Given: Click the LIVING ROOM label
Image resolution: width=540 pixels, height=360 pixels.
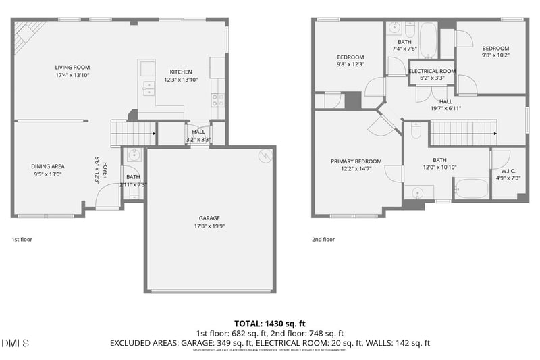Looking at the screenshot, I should [x=72, y=68].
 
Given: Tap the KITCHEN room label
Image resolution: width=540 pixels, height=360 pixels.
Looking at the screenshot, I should [x=180, y=72].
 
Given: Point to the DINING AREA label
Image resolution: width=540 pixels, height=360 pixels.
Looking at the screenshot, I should [x=48, y=165].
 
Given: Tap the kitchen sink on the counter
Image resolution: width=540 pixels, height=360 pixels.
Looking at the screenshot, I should [x=146, y=86].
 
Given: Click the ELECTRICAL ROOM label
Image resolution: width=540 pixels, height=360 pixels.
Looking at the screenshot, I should [x=432, y=71].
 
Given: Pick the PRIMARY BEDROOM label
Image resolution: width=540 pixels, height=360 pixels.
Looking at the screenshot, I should [x=356, y=161].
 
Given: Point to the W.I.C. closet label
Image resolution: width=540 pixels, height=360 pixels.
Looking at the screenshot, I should [x=508, y=170].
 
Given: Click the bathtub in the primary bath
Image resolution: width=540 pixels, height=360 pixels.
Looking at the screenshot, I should [x=471, y=188].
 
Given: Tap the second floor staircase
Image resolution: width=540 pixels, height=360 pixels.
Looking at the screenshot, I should [x=463, y=133].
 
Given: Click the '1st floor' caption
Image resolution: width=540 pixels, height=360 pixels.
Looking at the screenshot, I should [x=22, y=239].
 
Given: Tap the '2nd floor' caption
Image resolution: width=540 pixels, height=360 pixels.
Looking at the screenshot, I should [x=323, y=239].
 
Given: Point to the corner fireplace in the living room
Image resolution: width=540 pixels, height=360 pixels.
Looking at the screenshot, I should [x=28, y=35].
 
